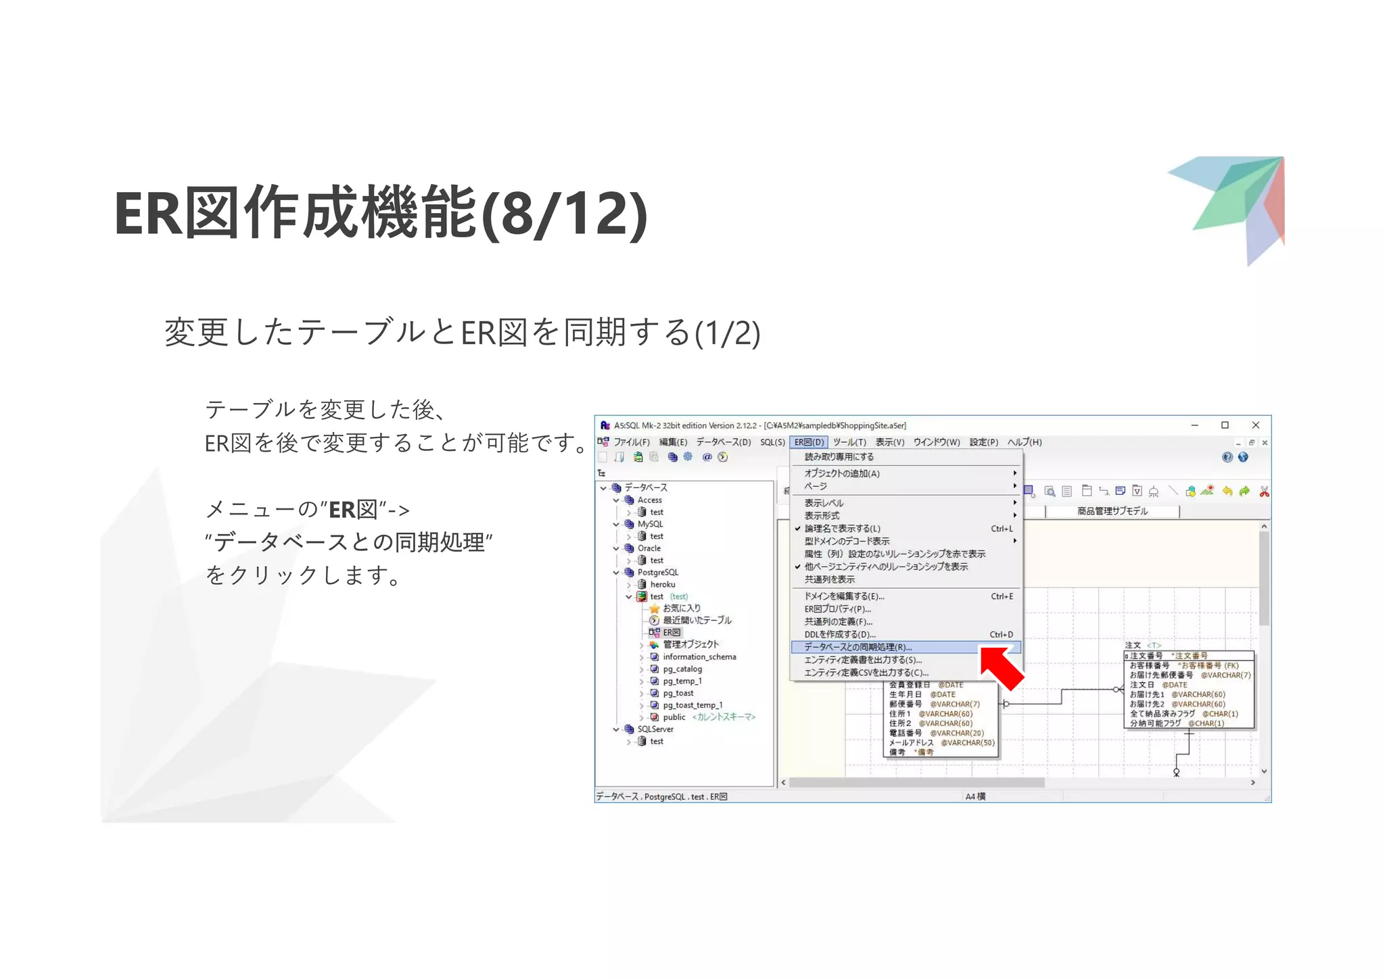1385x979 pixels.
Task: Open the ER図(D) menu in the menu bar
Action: click(809, 442)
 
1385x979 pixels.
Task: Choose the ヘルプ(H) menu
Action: click(1025, 442)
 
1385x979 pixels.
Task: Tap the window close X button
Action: click(1255, 425)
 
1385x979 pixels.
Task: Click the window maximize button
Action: click(1225, 425)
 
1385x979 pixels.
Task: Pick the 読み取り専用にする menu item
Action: click(839, 457)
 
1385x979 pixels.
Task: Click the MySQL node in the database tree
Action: click(650, 524)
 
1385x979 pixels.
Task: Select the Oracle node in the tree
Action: click(649, 548)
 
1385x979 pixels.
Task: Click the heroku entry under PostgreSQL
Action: click(662, 585)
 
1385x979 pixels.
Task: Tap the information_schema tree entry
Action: click(699, 657)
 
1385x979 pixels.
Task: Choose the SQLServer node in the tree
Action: click(655, 730)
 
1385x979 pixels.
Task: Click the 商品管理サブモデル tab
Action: click(1112, 511)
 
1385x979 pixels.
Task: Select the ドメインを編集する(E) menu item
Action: click(844, 596)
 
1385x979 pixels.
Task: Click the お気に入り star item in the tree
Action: click(681, 608)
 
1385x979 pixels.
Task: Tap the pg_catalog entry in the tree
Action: click(682, 669)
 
